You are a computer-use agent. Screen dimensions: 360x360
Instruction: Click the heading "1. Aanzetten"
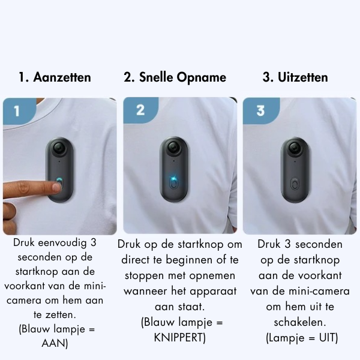55,77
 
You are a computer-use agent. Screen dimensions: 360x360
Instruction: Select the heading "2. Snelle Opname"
175,77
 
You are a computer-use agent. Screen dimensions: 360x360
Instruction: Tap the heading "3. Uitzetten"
295,77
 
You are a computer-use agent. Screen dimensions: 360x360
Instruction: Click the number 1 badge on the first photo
17,110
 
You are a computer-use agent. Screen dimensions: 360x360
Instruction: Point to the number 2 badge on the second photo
140,110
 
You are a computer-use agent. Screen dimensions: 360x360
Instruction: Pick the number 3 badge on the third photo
260,110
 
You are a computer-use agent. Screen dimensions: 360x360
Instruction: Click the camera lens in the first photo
58,148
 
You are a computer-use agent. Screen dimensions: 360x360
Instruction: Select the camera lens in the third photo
294,148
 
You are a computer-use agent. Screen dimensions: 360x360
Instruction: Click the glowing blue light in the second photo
172,178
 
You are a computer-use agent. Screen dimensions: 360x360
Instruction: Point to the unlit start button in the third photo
294,183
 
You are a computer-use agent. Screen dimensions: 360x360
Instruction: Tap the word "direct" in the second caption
137,260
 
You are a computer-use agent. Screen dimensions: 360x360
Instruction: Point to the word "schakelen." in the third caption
308,323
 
